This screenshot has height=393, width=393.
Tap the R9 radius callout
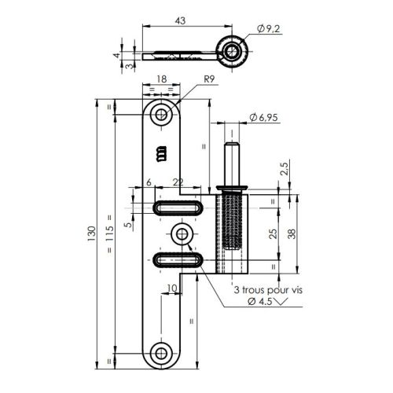pyautogui.click(x=209, y=79)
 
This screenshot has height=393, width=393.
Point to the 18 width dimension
pyautogui.click(x=161, y=79)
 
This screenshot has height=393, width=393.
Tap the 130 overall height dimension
pyautogui.click(x=94, y=233)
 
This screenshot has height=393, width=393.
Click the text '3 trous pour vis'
pyautogui.click(x=266, y=290)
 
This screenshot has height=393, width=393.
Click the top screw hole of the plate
pyautogui.click(x=163, y=114)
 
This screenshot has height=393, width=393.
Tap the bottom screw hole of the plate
pyautogui.click(x=163, y=353)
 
